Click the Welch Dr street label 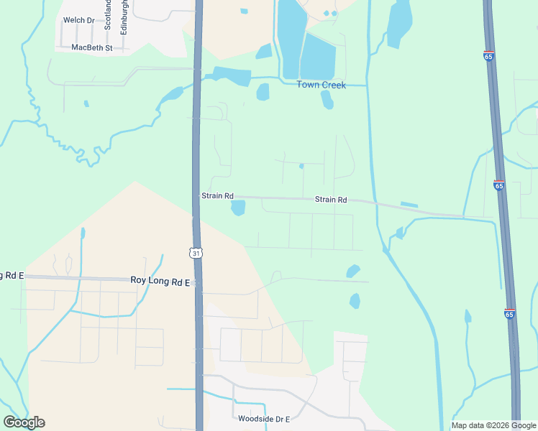pyautogui.click(x=78, y=20)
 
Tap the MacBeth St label pyautogui.click(x=92, y=47)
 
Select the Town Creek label pyautogui.click(x=322, y=85)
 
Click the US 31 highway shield pyautogui.click(x=196, y=252)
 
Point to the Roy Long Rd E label pyautogui.click(x=159, y=280)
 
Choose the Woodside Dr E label pyautogui.click(x=263, y=419)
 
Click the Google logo pyautogui.click(x=24, y=422)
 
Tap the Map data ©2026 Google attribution pyautogui.click(x=493, y=425)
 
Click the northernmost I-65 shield pyautogui.click(x=488, y=55)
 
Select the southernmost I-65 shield pyautogui.click(x=509, y=314)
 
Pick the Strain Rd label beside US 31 pyautogui.click(x=217, y=195)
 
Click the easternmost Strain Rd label pyautogui.click(x=331, y=200)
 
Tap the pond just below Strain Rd pyautogui.click(x=238, y=208)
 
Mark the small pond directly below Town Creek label pyautogui.click(x=327, y=101)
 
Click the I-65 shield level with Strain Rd pyautogui.click(x=499, y=185)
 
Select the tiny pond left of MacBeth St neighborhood pyautogui.click(x=86, y=103)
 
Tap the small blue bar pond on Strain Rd pyautogui.click(x=409, y=205)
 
